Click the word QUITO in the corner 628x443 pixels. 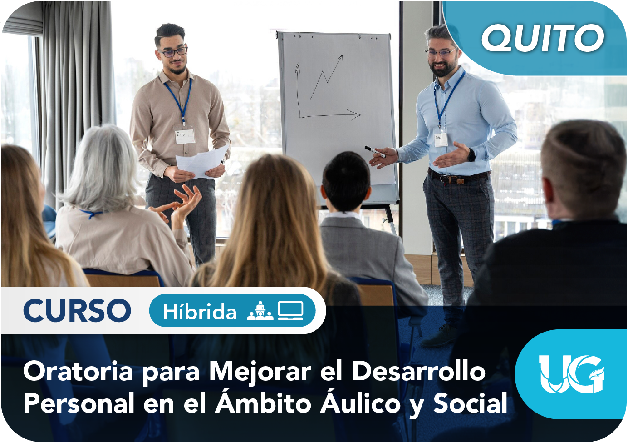pyautogui.click(x=543, y=38)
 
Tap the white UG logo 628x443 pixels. pyautogui.click(x=572, y=374)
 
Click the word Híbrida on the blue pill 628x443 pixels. pyautogui.click(x=200, y=311)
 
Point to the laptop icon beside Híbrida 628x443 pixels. pyautogui.click(x=290, y=310)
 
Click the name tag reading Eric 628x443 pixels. pyautogui.click(x=185, y=136)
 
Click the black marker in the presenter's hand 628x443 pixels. pyautogui.click(x=375, y=152)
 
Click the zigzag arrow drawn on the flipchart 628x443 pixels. pyautogui.click(x=326, y=76)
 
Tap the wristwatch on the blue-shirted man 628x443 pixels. pyautogui.click(x=471, y=155)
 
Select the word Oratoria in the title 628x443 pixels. pyautogui.click(x=78, y=371)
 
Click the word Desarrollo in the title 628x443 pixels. pyautogui.click(x=418, y=371)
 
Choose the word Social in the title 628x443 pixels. pyautogui.click(x=470, y=403)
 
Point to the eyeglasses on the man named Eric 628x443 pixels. pyautogui.click(x=173, y=52)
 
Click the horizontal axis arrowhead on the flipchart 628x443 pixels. pyautogui.click(x=355, y=114)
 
